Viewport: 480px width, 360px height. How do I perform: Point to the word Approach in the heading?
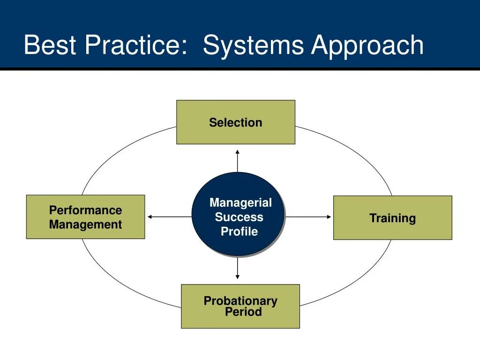click(x=367, y=46)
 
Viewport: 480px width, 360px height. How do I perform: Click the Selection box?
click(x=236, y=122)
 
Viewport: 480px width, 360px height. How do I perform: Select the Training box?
click(x=392, y=218)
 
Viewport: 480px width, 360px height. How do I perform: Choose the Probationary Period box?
click(x=240, y=306)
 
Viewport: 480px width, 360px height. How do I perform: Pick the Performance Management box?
click(x=85, y=217)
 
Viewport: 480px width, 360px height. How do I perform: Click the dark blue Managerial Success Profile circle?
click(x=238, y=214)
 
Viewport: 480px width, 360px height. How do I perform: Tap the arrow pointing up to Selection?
click(x=238, y=161)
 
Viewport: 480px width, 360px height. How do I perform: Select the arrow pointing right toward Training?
click(x=308, y=217)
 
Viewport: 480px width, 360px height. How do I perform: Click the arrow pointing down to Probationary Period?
click(x=238, y=268)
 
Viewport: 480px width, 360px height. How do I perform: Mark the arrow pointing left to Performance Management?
click(x=169, y=217)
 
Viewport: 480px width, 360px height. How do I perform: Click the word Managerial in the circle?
click(x=240, y=202)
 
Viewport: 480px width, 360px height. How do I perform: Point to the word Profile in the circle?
click(x=239, y=231)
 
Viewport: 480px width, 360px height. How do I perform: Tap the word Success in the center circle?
click(x=239, y=217)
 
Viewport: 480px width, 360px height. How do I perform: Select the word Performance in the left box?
click(x=85, y=210)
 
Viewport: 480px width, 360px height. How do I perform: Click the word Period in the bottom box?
click(x=243, y=312)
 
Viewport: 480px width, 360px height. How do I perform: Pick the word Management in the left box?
click(x=85, y=225)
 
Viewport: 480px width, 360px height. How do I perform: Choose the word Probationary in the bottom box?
click(x=240, y=301)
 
